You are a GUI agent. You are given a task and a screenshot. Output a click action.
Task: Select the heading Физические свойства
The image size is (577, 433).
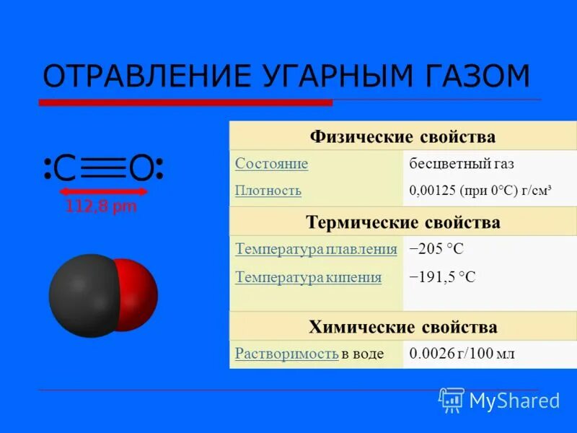(x=402, y=136)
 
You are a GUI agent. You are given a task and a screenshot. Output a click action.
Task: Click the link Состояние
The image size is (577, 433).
(x=271, y=164)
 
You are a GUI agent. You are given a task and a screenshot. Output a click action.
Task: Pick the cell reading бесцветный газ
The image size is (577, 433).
(x=462, y=164)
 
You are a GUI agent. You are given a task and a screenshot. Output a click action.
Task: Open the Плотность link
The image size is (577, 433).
(x=268, y=191)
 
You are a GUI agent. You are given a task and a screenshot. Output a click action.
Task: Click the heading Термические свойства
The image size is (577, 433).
(x=402, y=222)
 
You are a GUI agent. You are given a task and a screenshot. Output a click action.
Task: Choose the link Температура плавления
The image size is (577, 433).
(x=316, y=250)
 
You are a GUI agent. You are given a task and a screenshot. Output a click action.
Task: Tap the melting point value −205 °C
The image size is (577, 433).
(x=436, y=250)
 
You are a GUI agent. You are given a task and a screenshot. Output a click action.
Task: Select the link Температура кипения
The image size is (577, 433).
(x=308, y=276)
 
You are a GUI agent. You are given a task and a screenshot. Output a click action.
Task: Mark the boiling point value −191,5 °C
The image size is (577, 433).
(x=442, y=277)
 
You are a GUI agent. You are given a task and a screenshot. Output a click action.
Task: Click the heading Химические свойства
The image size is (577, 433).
(x=402, y=327)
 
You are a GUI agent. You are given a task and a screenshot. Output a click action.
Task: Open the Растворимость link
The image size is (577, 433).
(x=286, y=354)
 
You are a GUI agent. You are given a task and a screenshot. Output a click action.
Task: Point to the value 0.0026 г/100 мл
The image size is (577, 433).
(x=462, y=354)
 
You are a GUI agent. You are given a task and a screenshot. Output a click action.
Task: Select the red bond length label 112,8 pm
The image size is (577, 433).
(x=101, y=207)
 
